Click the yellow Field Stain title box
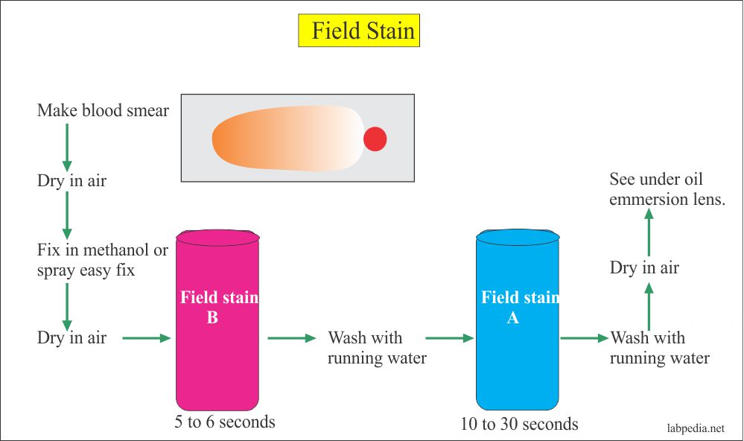(359, 31)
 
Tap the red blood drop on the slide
(375, 139)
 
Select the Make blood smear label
(103, 110)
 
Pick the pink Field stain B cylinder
(217, 320)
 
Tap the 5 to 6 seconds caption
(225, 422)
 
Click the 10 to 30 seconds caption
(519, 424)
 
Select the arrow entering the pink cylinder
(147, 338)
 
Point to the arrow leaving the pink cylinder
(292, 338)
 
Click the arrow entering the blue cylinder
(450, 338)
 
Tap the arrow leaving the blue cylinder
(585, 338)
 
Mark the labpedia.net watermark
(696, 428)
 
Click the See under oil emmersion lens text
(667, 189)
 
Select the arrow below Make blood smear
(67, 147)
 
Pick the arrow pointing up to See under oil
(649, 232)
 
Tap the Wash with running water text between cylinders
(378, 347)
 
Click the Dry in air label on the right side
(644, 267)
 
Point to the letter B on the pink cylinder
(212, 317)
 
